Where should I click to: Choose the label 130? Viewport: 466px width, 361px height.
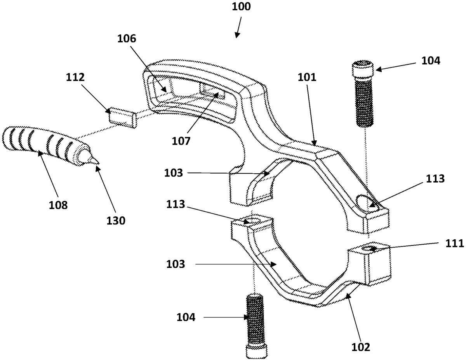coord(116,220)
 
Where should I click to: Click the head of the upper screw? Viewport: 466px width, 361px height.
coord(363,70)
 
